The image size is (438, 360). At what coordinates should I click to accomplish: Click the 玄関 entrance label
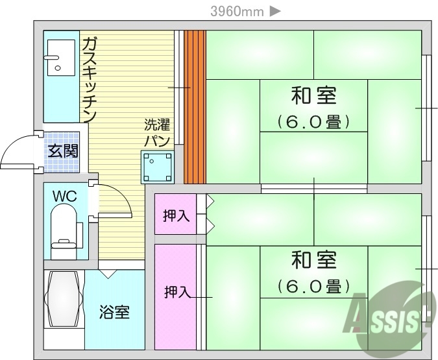63,152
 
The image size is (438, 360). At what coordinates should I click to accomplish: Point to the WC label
64,195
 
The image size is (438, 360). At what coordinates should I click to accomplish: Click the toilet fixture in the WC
64,231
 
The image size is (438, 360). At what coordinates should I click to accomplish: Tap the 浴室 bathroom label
114,312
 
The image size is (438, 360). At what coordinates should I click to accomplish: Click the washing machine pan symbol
158,167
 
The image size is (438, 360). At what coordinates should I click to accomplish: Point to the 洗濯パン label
158,132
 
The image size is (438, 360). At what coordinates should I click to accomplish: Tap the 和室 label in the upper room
313,96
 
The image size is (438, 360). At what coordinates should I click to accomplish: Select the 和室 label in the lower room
313,261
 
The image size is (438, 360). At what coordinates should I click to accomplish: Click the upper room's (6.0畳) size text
313,121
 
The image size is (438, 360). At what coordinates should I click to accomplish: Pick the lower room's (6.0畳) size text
313,285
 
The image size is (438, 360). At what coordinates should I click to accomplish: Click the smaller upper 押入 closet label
176,215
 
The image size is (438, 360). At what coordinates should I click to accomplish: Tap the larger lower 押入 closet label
176,293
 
